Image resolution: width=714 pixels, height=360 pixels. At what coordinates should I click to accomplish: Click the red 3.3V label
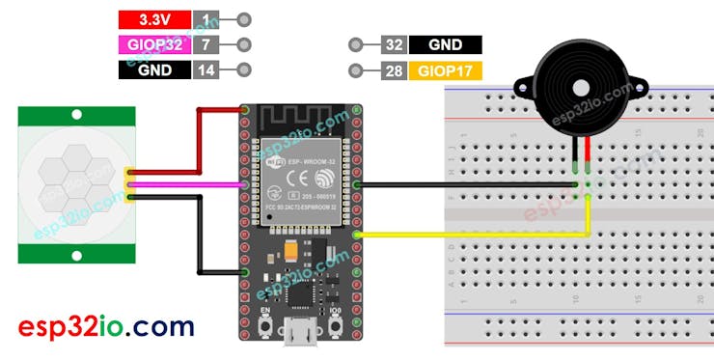click(154, 19)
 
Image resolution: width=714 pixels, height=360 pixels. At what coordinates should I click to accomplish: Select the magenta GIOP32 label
click(154, 44)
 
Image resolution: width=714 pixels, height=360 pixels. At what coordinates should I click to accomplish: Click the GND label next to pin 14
click(154, 69)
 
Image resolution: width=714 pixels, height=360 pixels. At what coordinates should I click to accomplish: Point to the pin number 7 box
click(205, 44)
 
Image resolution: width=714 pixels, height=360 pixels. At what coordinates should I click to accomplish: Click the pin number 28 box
click(393, 70)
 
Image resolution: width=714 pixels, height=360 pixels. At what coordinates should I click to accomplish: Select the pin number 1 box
click(205, 19)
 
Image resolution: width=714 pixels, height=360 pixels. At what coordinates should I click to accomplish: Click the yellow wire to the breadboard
click(473, 234)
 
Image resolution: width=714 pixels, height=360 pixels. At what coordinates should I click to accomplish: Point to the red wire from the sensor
click(199, 140)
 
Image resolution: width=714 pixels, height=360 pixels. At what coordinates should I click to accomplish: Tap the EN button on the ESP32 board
click(263, 331)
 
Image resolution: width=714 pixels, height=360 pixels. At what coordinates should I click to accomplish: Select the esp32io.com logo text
click(106, 325)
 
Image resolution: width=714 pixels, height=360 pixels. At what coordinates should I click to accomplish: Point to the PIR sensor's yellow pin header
click(129, 183)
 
